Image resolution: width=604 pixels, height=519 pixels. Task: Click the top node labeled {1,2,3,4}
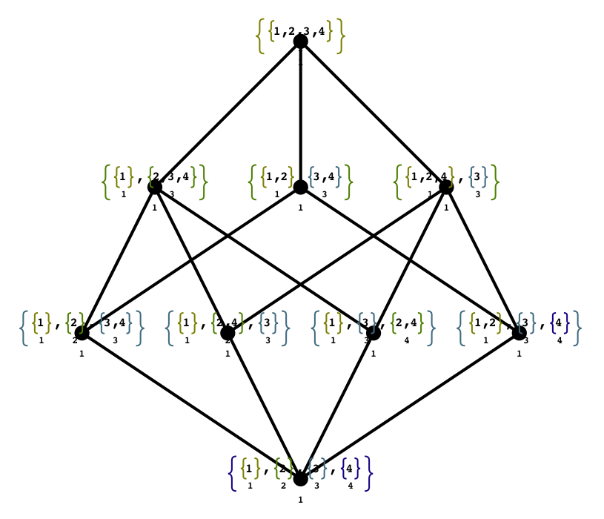click(x=300, y=42)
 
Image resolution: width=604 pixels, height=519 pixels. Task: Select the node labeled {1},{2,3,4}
click(x=155, y=187)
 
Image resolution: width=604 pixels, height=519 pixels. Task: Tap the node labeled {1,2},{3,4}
click(x=300, y=187)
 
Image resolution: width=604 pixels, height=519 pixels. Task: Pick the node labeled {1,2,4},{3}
click(x=446, y=187)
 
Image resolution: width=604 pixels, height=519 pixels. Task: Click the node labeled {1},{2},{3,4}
click(x=82, y=333)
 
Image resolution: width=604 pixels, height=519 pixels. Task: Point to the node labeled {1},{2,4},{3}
click(x=228, y=333)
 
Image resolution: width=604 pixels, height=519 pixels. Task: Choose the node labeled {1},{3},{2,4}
click(x=374, y=333)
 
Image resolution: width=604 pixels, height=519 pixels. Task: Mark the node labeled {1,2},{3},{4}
click(x=519, y=333)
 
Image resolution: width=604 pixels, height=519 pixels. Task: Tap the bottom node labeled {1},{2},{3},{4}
click(x=300, y=478)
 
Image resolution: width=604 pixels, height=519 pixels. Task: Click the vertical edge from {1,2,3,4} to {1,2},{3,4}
click(x=300, y=111)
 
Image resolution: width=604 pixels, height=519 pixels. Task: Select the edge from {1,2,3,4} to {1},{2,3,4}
click(x=228, y=114)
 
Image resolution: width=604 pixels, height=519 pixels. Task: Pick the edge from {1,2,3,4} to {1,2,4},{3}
click(x=373, y=114)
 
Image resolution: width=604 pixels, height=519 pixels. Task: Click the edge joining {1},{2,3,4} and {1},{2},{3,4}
click(x=119, y=259)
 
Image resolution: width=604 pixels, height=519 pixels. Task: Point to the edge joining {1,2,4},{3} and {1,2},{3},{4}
click(x=482, y=259)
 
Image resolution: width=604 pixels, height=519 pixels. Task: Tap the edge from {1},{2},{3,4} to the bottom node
click(x=191, y=406)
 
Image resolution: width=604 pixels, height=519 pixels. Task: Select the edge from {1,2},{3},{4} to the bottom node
click(x=409, y=406)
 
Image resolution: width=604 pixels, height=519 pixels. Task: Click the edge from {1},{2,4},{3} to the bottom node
click(x=264, y=406)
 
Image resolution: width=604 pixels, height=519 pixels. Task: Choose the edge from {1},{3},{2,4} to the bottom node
click(x=336, y=406)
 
